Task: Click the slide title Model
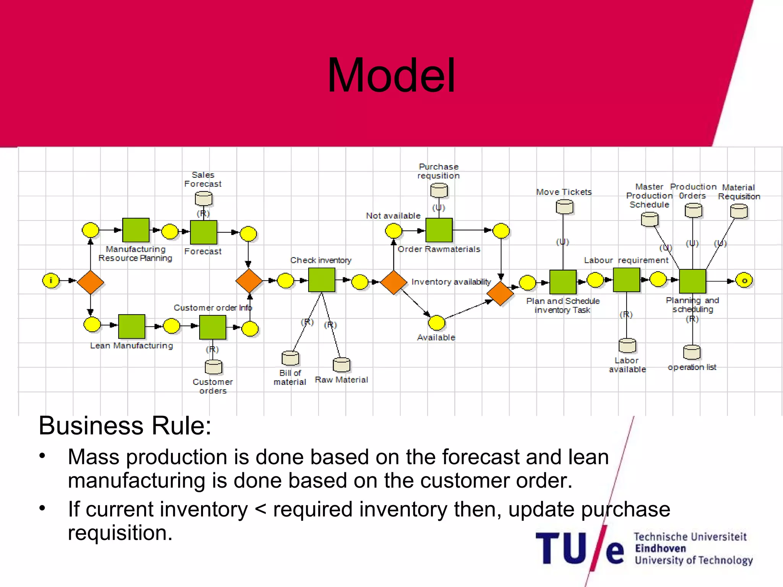(391, 75)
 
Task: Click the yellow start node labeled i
(51, 281)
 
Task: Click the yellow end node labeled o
(744, 281)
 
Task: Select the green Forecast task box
(203, 232)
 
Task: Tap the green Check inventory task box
(322, 280)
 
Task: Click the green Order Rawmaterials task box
(439, 230)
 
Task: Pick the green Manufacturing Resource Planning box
(136, 230)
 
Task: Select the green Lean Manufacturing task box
(132, 326)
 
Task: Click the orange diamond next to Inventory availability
(393, 282)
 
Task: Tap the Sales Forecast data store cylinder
(203, 199)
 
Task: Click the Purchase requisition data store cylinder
(439, 190)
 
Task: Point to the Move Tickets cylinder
(564, 207)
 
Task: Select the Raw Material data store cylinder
(341, 365)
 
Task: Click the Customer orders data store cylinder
(213, 367)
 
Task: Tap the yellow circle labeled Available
(437, 323)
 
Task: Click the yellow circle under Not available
(393, 231)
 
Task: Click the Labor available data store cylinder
(627, 345)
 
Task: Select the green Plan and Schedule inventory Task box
(563, 282)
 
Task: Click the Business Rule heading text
(125, 426)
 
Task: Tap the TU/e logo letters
(579, 549)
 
